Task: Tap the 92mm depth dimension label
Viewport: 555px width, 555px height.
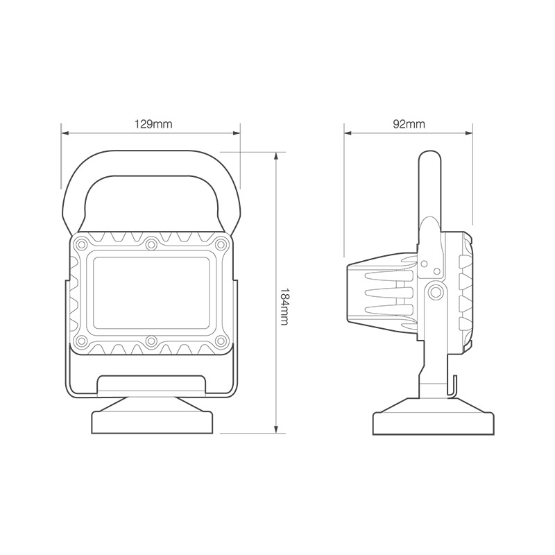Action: [x=409, y=124]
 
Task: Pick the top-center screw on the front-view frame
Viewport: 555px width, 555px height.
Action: [x=151, y=244]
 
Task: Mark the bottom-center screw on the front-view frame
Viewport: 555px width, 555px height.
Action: [x=151, y=341]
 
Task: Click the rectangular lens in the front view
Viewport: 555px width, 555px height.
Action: [x=151, y=292]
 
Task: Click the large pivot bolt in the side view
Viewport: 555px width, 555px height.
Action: [x=436, y=291]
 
